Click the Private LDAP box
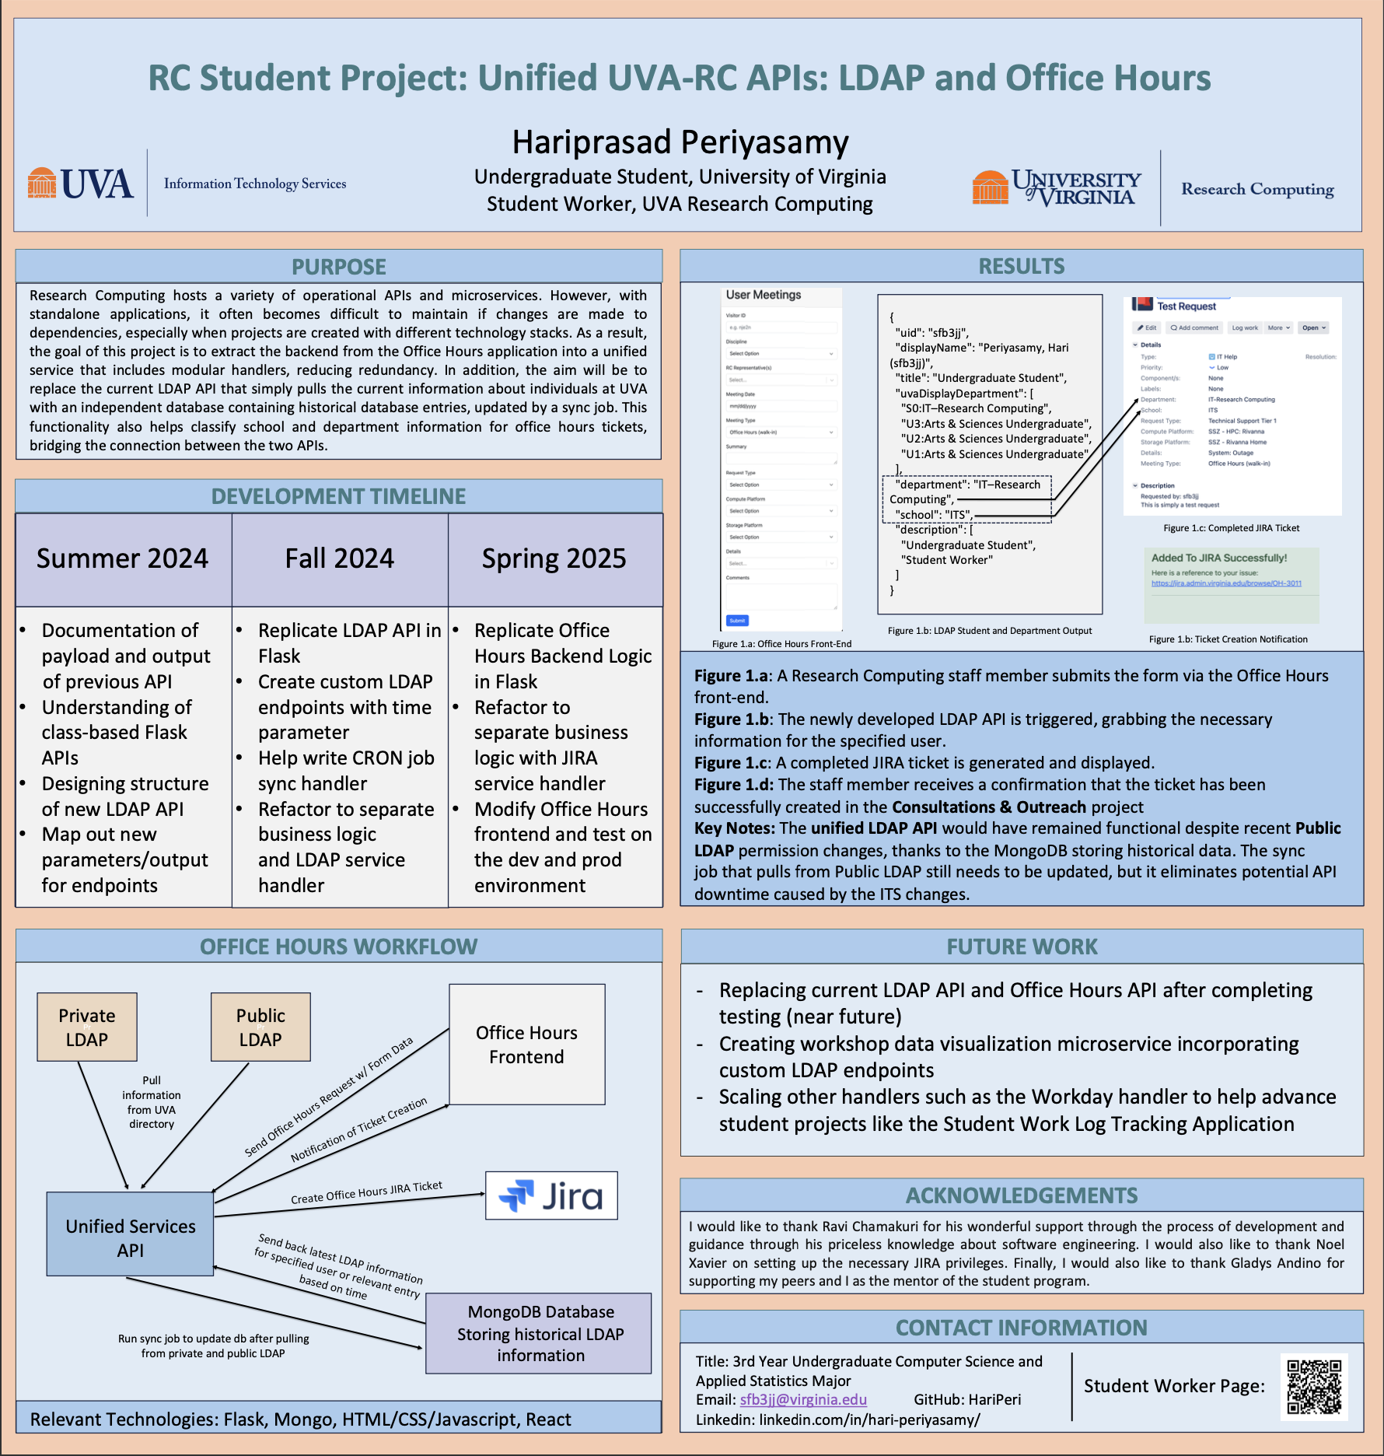click(x=87, y=1027)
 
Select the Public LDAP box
click(x=260, y=1027)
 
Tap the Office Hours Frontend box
click(x=526, y=1044)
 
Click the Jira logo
click(x=551, y=1195)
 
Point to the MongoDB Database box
click(x=540, y=1333)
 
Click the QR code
click(x=1314, y=1387)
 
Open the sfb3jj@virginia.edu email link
click(x=803, y=1399)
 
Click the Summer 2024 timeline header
click(x=123, y=558)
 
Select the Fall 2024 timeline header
click(x=340, y=558)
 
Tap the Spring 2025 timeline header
click(x=554, y=558)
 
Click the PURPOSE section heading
click(x=338, y=267)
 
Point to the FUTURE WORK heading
click(x=1022, y=947)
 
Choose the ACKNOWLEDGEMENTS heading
click(x=1022, y=1195)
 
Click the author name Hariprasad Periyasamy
click(x=680, y=142)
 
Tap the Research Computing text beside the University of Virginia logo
click(x=1257, y=189)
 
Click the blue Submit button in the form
click(x=737, y=621)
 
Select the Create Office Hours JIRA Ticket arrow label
click(x=366, y=1192)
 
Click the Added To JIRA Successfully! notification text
click(x=1218, y=558)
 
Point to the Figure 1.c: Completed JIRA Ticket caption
click(x=1231, y=528)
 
